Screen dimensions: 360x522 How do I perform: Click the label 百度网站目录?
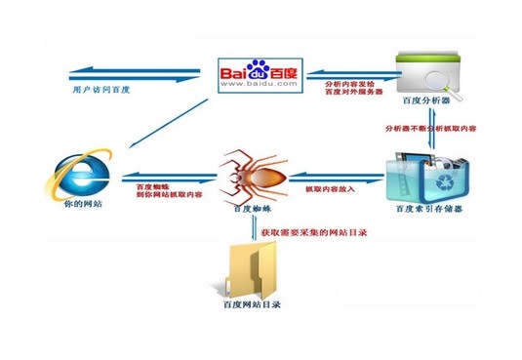248,305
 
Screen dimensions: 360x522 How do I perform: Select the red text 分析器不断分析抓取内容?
428,127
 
